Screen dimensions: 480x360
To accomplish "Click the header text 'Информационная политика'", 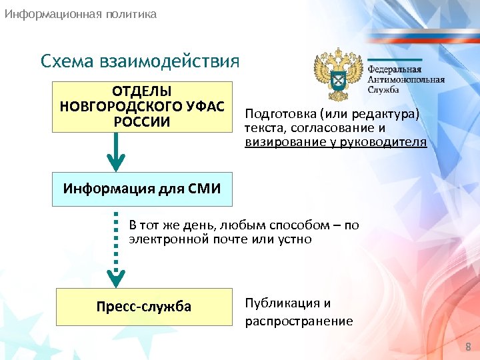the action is pyautogui.click(x=81, y=13).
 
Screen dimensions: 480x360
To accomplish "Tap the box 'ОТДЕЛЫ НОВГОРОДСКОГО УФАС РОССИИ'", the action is pyautogui.click(x=141, y=107).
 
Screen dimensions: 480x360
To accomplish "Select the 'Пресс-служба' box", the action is pyautogui.click(x=144, y=307).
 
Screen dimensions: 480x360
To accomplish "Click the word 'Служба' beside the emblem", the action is pyautogui.click(x=384, y=91).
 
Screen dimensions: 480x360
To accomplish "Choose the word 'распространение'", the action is pyautogui.click(x=299, y=321).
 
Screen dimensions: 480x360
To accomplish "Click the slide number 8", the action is pyautogui.click(x=467, y=347).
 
